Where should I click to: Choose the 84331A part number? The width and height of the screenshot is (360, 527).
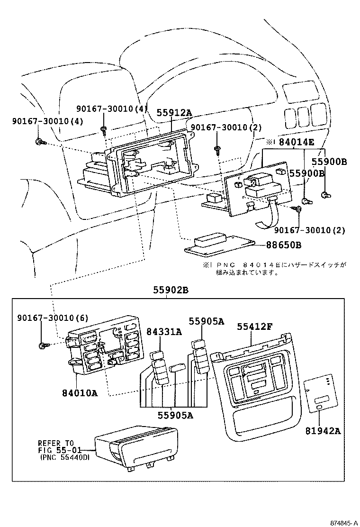point(163,332)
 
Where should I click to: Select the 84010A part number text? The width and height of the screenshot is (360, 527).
point(80,392)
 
